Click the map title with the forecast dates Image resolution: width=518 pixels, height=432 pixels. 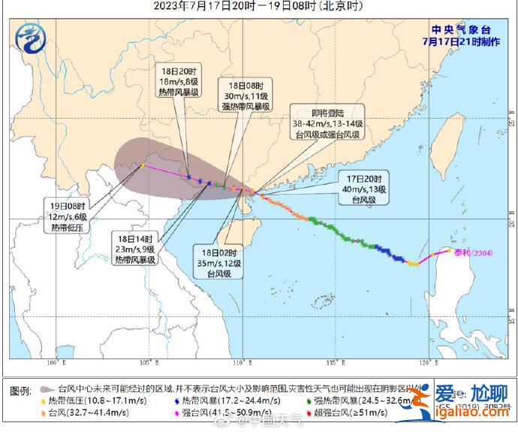pos(259,7)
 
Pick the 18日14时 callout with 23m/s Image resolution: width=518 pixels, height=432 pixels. pos(134,249)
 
